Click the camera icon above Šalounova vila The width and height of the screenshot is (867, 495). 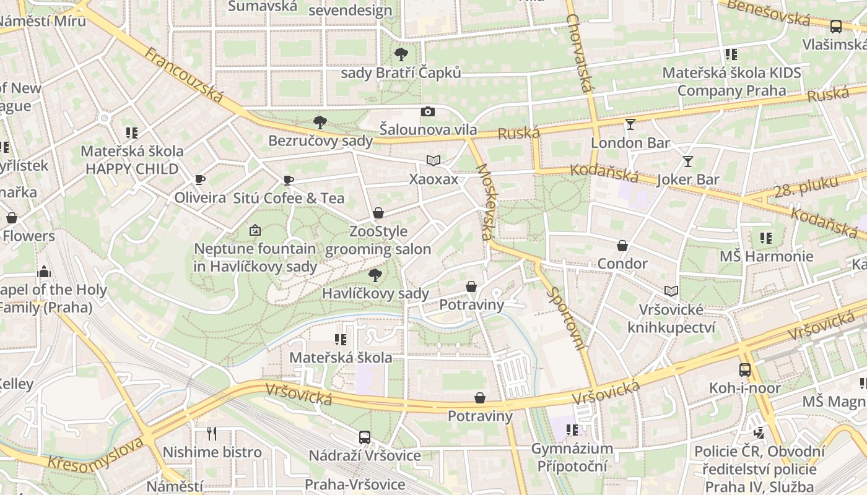point(427,112)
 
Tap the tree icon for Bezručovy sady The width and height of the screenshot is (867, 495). point(320,122)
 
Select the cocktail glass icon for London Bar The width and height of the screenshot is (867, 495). point(630,124)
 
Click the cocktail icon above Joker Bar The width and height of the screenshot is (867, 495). point(688,161)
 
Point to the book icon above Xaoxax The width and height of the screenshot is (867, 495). point(434,161)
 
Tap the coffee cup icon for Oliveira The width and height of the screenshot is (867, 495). point(200,179)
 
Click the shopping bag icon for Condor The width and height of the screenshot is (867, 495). point(622,246)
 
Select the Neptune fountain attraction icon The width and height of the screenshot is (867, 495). point(255,230)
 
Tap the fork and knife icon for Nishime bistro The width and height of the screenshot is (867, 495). point(212,433)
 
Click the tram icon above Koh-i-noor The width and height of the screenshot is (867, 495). point(745,370)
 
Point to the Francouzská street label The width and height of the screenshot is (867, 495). point(183,75)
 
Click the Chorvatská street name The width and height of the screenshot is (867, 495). point(580,53)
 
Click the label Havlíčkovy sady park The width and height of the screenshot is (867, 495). point(375,293)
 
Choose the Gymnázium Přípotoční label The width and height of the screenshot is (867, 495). point(572,457)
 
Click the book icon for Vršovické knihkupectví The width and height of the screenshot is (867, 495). point(671,291)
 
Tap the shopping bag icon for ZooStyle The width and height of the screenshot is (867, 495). point(378,213)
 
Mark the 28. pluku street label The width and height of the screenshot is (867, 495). point(806,186)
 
